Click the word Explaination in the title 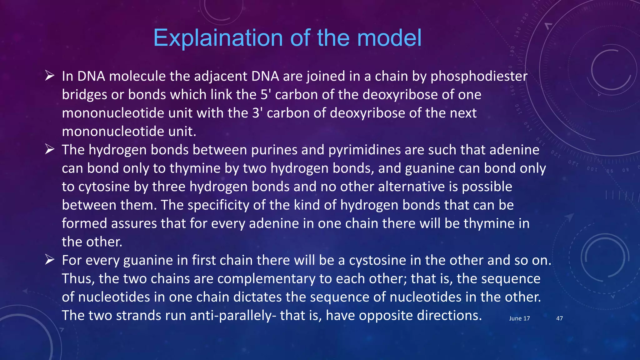click(218, 38)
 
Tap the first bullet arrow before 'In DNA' click(50, 76)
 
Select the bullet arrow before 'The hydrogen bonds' click(50, 149)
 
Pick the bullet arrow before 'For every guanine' click(50, 260)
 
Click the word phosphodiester click(479, 77)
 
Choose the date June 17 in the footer click(519, 318)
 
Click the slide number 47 click(559, 318)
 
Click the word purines click(274, 150)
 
